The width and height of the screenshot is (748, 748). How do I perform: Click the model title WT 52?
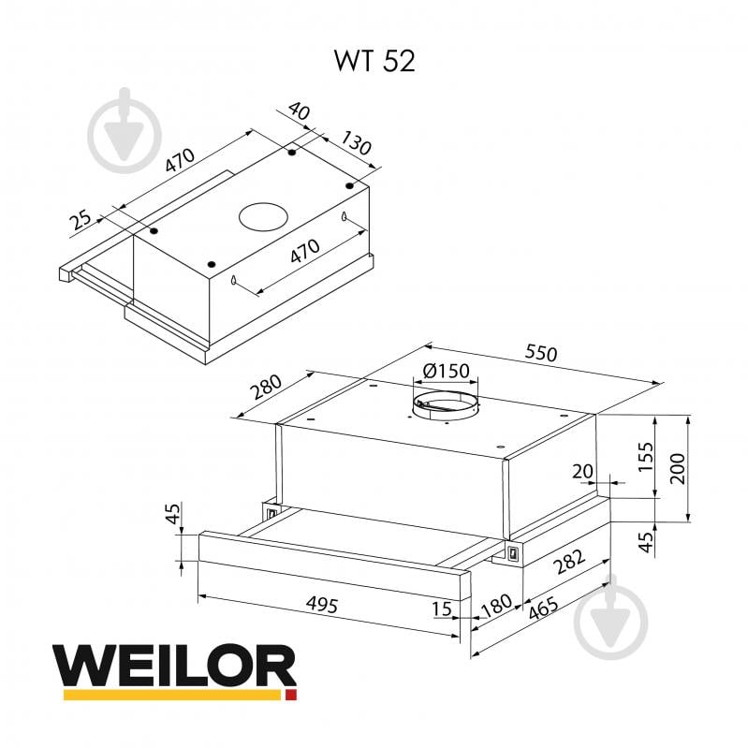tap(374, 61)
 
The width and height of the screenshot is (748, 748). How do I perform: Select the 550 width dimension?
tap(541, 354)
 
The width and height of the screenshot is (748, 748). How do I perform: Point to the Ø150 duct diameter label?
tap(446, 371)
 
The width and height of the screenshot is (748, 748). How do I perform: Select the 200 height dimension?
tap(678, 467)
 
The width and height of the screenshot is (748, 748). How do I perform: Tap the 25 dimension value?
tap(81, 222)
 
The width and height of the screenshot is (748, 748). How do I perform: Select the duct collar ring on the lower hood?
tap(446, 405)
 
